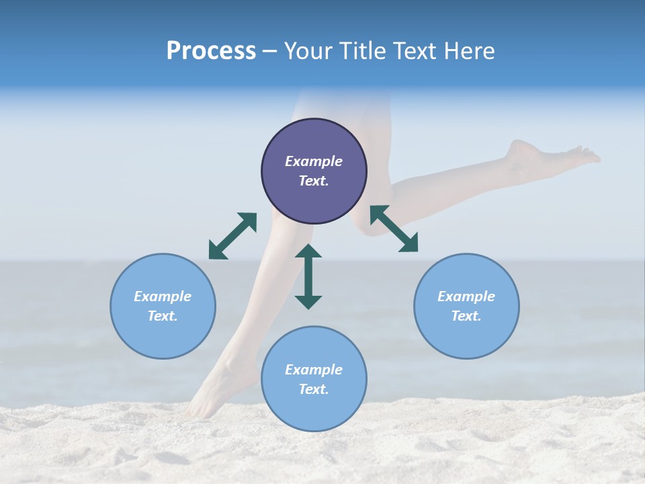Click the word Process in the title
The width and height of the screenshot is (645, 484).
coord(211,51)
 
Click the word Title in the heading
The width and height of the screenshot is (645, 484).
coord(360,51)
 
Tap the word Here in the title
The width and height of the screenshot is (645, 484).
coord(468,51)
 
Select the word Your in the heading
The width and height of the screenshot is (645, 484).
coord(309,51)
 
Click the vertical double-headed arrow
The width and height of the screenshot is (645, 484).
coord(308,277)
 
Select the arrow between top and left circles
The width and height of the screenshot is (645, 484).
coord(232,236)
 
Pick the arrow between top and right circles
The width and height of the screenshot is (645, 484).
coord(394,229)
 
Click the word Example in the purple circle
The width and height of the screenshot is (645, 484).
coord(314,161)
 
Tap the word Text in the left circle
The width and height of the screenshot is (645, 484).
coord(162,316)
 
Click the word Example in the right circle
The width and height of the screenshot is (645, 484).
coord(466,296)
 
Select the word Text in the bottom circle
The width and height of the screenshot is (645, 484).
coord(312,389)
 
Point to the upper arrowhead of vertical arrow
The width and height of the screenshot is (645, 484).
coord(308,251)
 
